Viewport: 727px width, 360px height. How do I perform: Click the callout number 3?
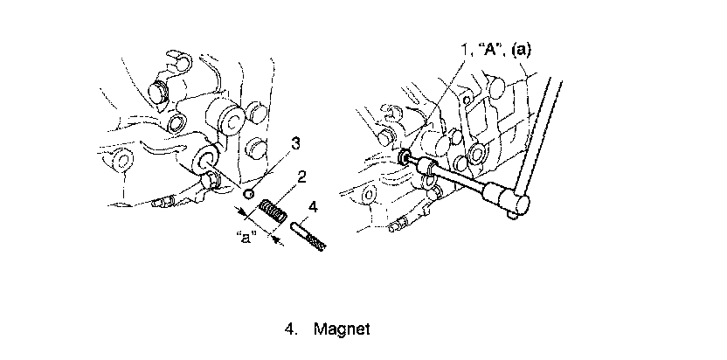tap(296, 142)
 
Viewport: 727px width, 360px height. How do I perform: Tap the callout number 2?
tap(301, 177)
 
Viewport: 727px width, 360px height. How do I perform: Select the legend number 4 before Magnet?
tap(289, 329)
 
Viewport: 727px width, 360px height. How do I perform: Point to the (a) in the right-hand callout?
tap(521, 50)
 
